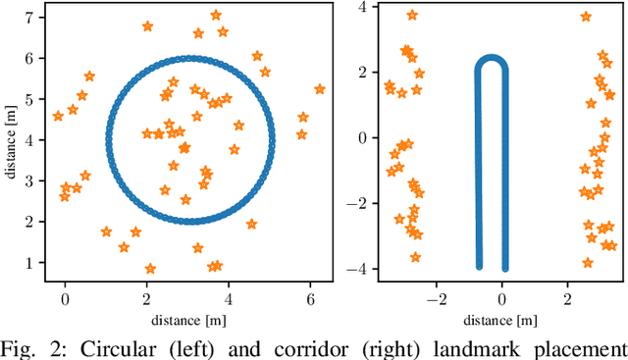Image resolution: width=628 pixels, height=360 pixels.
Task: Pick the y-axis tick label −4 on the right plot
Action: tap(358, 269)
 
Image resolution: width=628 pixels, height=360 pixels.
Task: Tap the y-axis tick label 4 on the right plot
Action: tap(361, 6)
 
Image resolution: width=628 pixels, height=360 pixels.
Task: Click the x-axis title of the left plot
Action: tap(189, 319)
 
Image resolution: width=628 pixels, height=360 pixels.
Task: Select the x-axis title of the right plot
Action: tap(501, 319)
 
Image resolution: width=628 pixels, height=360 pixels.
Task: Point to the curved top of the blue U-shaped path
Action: tap(492, 62)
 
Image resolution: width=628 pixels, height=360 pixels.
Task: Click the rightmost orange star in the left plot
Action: tap(319, 88)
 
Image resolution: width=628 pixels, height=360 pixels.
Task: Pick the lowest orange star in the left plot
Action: tap(150, 269)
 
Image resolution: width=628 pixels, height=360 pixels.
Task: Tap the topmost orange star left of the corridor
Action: tap(412, 15)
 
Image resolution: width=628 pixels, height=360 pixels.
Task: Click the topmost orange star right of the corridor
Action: tap(586, 17)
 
